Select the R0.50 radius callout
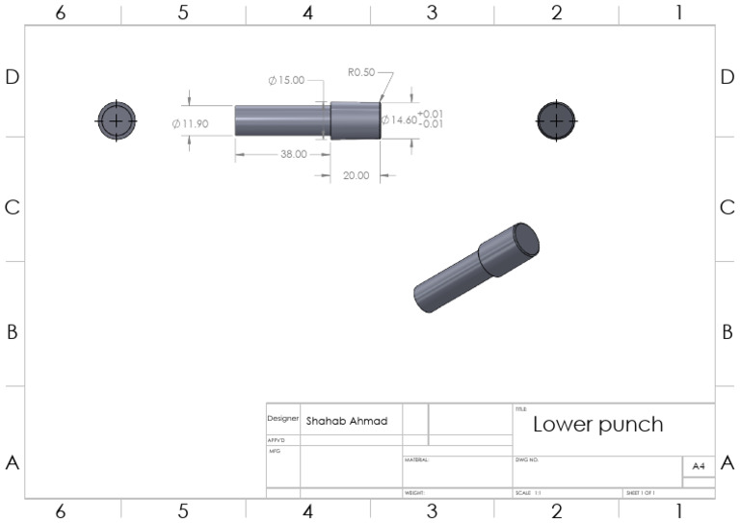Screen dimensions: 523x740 (361, 72)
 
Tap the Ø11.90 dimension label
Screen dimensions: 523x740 (191, 123)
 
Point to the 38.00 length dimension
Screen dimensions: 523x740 (294, 154)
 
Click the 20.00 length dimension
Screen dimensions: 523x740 (357, 175)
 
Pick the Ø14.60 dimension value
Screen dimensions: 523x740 (399, 120)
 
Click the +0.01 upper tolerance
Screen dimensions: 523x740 (431, 114)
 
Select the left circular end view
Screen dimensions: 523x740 (116, 120)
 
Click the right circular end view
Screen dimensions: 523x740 (556, 120)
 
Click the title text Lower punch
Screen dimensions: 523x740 (597, 424)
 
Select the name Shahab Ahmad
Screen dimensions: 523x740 (346, 421)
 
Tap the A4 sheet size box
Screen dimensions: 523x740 (699, 465)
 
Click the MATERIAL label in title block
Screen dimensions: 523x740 (416, 460)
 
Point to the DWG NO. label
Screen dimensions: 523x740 (526, 460)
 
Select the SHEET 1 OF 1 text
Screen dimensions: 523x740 (641, 493)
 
